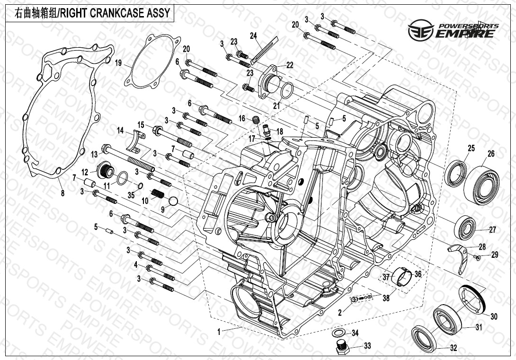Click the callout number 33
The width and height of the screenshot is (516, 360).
tap(368, 346)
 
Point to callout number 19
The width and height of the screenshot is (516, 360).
tap(118, 62)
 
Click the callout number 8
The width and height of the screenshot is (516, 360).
tap(62, 193)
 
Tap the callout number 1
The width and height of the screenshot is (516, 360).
tap(219, 333)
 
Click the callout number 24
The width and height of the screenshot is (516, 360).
tap(253, 36)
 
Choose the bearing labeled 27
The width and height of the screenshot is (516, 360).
tap(466, 228)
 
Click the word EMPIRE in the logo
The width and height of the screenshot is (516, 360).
tap(466, 33)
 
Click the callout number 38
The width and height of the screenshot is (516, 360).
tap(386, 298)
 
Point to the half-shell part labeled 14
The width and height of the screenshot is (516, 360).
tap(137, 142)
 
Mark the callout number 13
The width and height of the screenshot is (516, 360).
tap(94, 154)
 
